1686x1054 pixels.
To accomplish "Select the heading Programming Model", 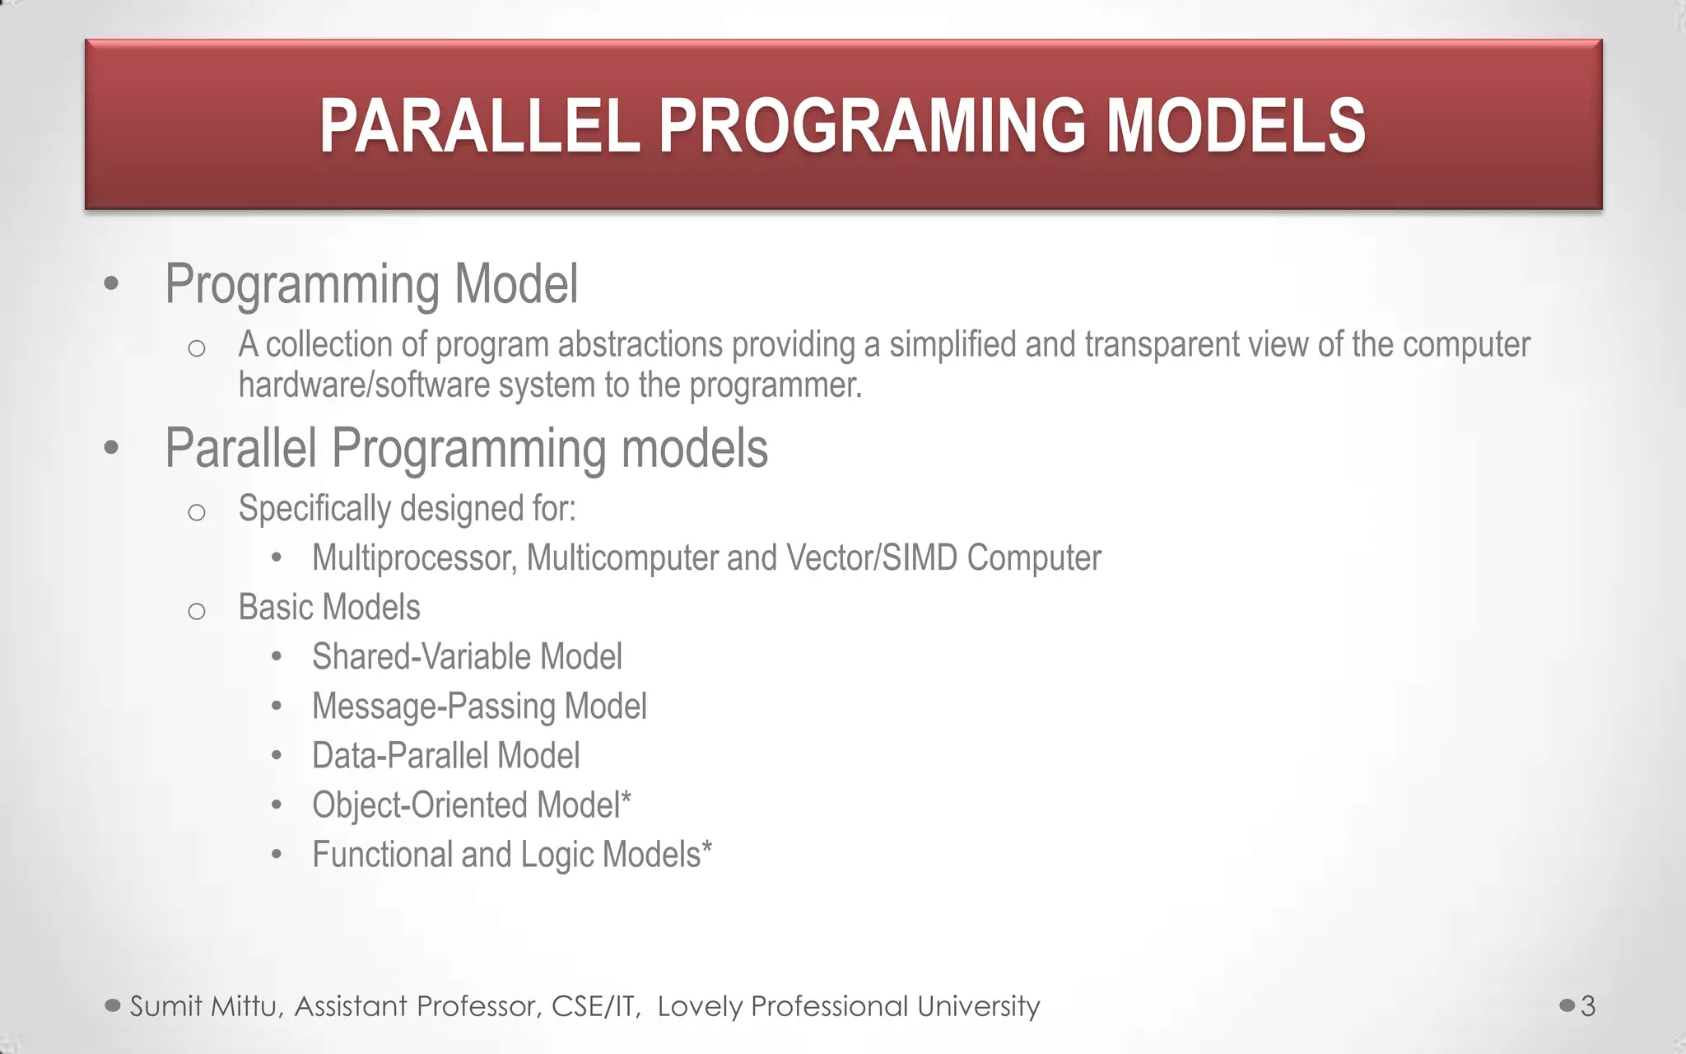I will click(371, 284).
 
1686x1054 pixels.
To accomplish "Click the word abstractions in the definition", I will click(640, 345).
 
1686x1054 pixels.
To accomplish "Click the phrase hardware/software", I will click(364, 385).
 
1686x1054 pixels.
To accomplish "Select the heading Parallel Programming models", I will click(466, 449).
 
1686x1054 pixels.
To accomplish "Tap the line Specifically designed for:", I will click(407, 509).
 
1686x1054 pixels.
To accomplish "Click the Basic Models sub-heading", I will click(329, 608).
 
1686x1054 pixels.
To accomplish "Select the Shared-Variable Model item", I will click(467, 657).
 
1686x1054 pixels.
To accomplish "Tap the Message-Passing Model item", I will click(479, 707).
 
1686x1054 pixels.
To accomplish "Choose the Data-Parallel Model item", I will click(445, 756).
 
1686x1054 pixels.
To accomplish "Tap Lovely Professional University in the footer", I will click(848, 1006).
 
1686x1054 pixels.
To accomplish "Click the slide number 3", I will click(1588, 1006).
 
